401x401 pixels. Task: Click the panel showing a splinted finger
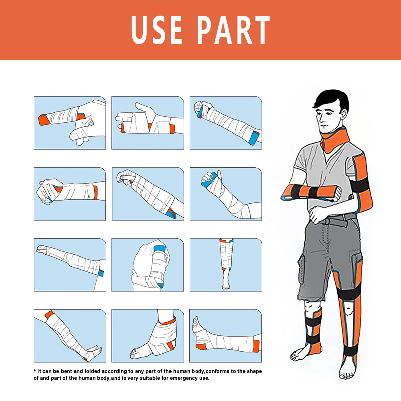(70, 123)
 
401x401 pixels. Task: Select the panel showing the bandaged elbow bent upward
(225, 194)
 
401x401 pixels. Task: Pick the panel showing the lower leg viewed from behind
(225, 265)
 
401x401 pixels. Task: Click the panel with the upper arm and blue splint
(148, 265)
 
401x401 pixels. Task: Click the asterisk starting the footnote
(34, 371)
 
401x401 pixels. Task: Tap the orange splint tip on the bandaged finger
(43, 119)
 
